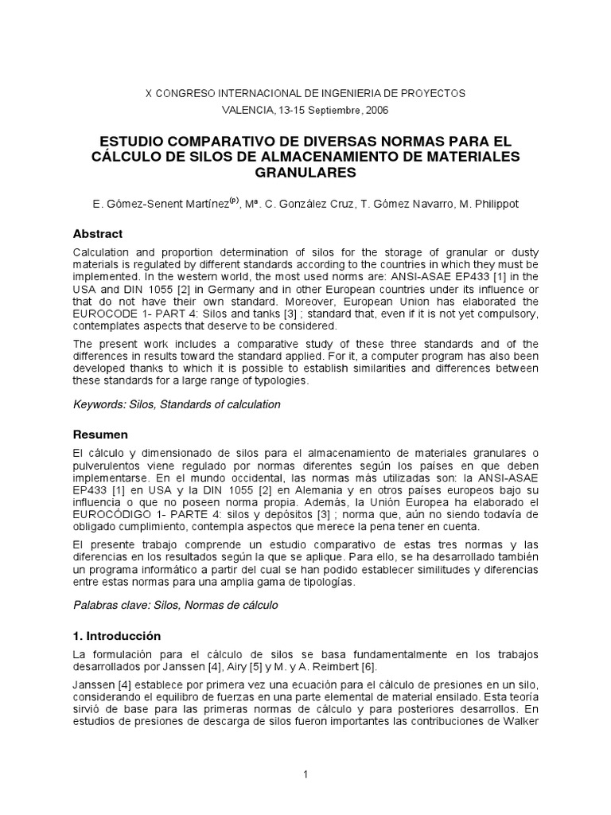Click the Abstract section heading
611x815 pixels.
click(x=98, y=234)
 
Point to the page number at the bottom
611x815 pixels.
click(x=305, y=774)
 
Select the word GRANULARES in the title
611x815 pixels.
click(x=305, y=171)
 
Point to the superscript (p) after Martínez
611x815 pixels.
click(x=235, y=201)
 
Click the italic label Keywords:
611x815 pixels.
click(x=101, y=404)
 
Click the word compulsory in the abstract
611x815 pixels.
click(x=486, y=314)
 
